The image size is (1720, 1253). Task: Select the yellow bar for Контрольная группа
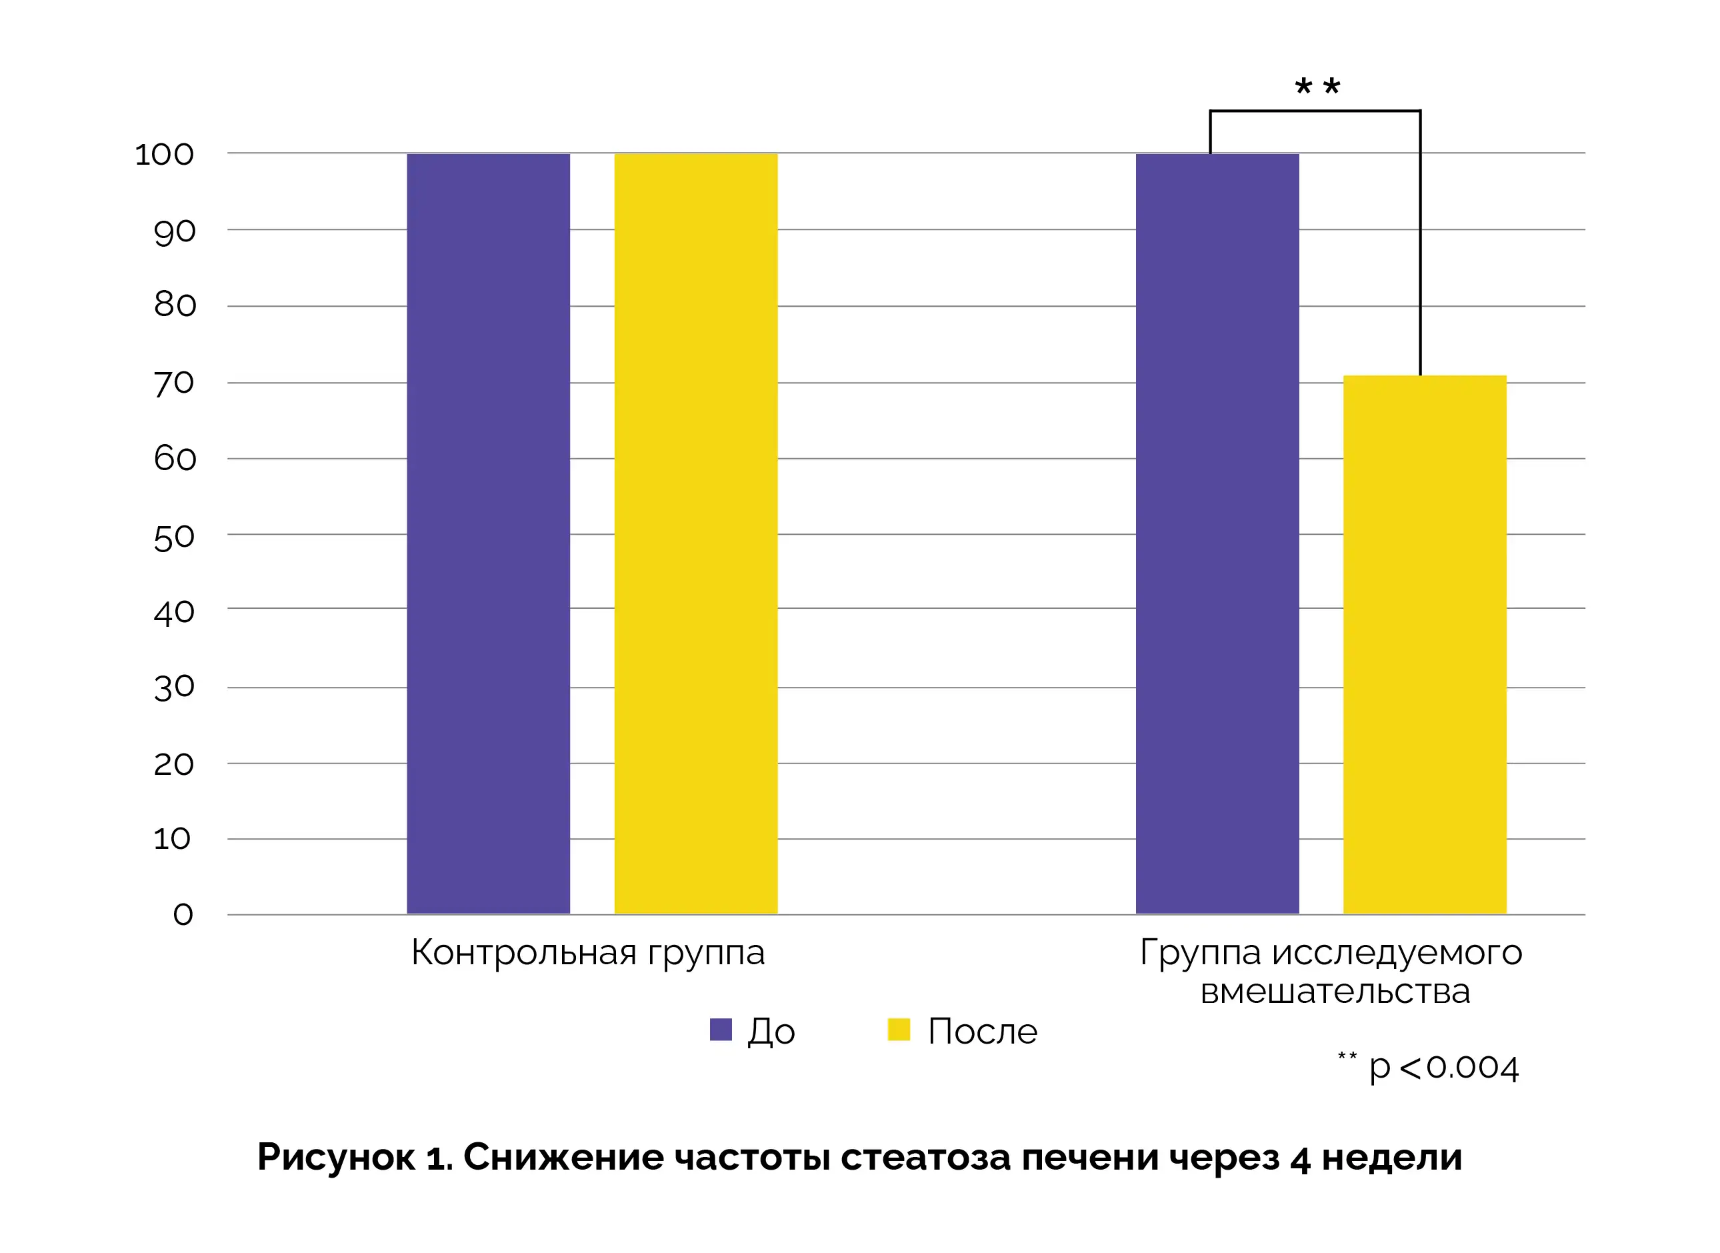[695, 533]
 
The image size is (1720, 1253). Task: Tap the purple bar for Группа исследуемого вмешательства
[1217, 533]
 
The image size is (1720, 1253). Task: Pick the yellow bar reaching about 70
[1424, 645]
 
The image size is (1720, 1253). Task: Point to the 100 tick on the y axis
[165, 155]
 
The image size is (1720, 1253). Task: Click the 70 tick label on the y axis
[175, 384]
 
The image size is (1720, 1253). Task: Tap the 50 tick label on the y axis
[175, 537]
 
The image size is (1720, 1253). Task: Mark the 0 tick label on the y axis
[183, 914]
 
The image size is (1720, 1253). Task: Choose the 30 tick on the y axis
[175, 687]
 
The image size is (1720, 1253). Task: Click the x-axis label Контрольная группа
[588, 953]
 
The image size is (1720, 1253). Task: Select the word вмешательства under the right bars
[1335, 992]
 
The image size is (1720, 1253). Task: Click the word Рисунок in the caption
[336, 1158]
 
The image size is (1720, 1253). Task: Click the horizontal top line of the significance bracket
[1314, 111]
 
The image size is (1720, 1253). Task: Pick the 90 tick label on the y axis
[175, 231]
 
